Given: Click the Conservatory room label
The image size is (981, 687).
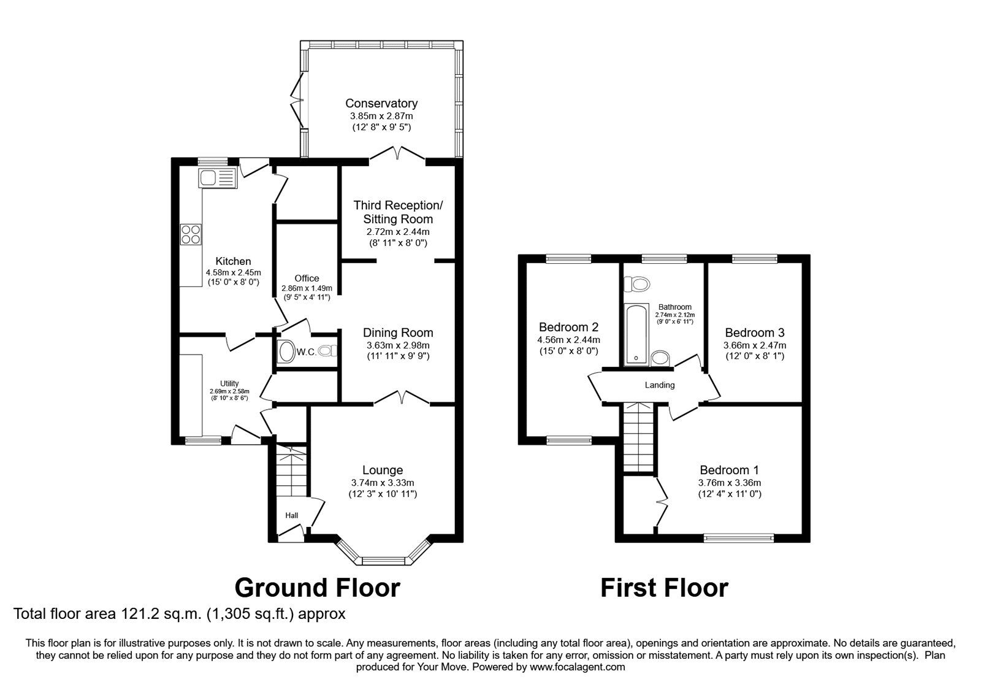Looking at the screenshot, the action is coord(381,104).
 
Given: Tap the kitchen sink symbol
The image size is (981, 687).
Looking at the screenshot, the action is coord(218,177).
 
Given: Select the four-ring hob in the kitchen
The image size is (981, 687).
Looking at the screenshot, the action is coord(191,234).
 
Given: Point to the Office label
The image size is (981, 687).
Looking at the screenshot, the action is coord(307,278).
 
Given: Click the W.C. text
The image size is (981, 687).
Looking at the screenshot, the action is coord(306,352).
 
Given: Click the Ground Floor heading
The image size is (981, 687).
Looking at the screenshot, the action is coord(317,588).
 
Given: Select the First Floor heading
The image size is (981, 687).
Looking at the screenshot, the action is coord(664,588).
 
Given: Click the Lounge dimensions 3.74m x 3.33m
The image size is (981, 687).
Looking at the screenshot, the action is coord(383,483).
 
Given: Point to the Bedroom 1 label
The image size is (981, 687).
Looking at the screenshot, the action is coord(729,470).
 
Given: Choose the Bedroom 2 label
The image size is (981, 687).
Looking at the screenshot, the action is coord(568,327).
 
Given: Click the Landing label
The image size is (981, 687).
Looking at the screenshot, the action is coord(660,385).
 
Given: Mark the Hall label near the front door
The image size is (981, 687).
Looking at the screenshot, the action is coord(292,515).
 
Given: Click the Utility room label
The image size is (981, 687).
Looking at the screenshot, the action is coord(229,384).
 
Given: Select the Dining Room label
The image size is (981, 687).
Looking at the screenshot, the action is coord(398,333).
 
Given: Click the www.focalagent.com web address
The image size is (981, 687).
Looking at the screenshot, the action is coord(577,667).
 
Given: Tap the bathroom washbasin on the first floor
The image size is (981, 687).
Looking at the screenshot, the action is coord(660,358).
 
